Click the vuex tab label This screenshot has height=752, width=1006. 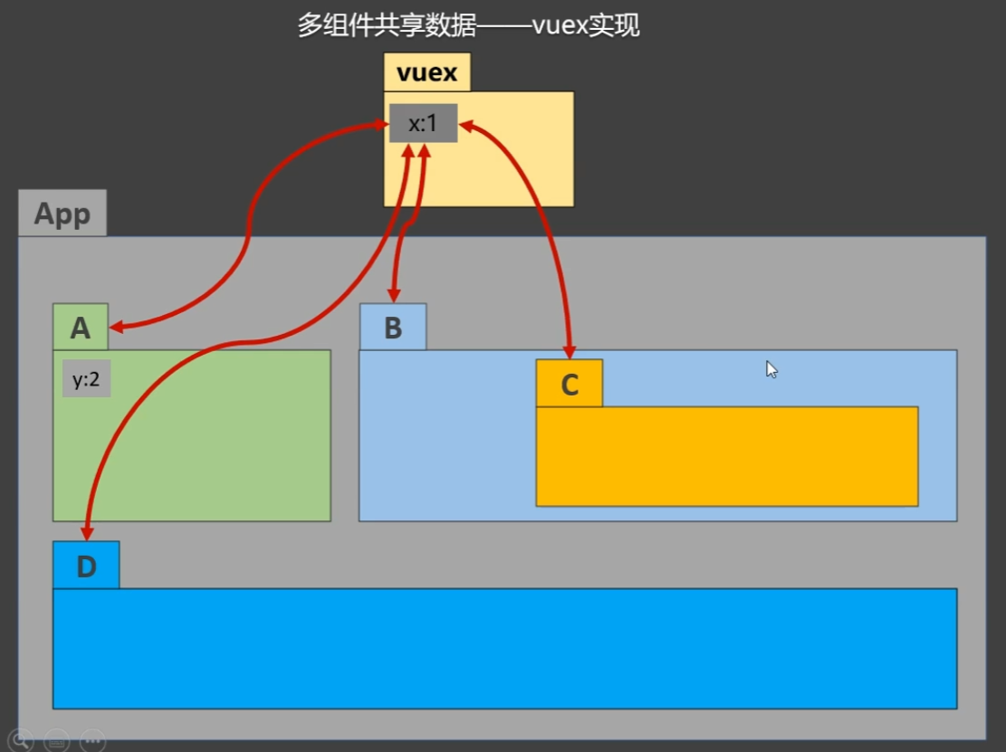coord(426,72)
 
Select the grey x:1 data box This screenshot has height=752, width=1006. coord(423,123)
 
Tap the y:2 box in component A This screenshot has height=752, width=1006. coord(86,379)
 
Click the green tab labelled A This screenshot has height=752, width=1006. coord(81,328)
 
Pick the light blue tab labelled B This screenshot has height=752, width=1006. coord(393,328)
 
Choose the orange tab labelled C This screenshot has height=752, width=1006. coord(570,385)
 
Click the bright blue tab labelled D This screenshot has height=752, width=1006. coord(86,566)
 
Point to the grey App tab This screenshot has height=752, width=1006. coord(62,214)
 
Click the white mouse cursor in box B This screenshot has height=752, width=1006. coord(771,368)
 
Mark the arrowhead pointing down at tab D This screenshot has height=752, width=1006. coord(87,533)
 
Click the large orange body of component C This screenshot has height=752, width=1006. coord(726,456)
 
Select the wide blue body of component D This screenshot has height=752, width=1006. coord(504,648)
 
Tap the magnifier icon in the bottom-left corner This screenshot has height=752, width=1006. coord(21,739)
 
